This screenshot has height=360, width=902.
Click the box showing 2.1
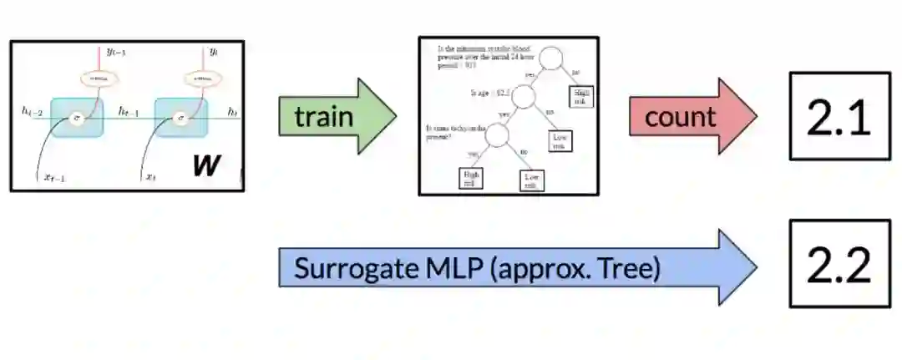[839, 116]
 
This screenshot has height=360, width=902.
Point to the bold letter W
[205, 165]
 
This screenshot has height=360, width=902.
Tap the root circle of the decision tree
[552, 59]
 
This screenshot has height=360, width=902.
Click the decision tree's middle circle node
[523, 97]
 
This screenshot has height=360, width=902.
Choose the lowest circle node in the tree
[496, 134]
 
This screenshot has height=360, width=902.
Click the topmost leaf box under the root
[580, 96]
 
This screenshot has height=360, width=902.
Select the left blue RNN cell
[77, 118]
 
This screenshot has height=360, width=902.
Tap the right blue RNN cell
[180, 118]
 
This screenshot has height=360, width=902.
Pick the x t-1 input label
[53, 177]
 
